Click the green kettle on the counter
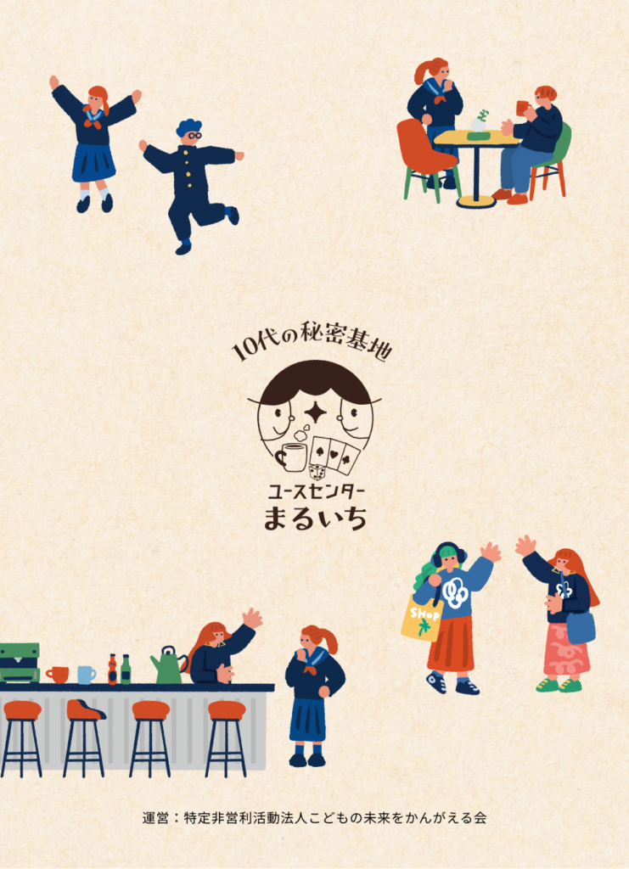(x=168, y=667)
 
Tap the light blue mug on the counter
(x=86, y=675)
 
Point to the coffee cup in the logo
(x=291, y=456)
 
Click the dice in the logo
(x=317, y=473)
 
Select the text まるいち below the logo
(x=315, y=519)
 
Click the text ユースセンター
(x=315, y=491)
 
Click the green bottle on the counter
(x=126, y=669)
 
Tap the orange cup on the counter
(x=57, y=675)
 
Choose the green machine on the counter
(x=20, y=663)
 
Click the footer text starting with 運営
(x=314, y=817)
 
